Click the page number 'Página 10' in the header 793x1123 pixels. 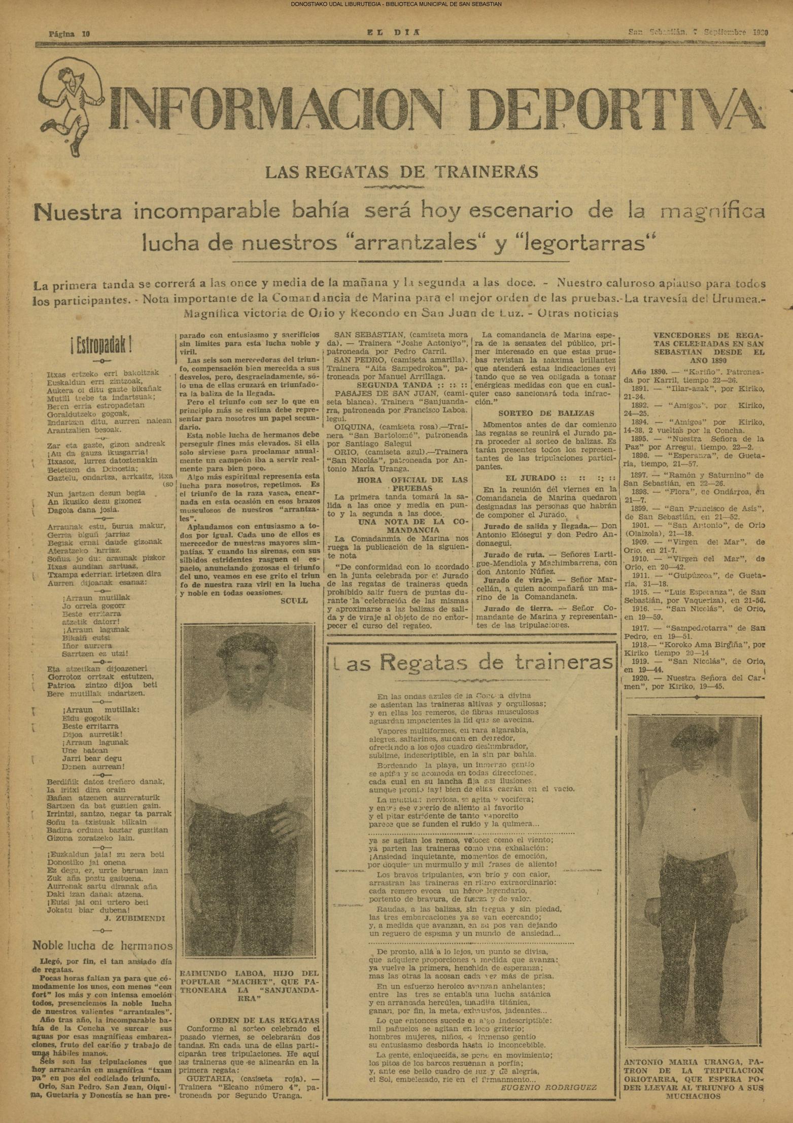tap(70, 34)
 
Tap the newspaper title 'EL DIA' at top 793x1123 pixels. tap(394, 32)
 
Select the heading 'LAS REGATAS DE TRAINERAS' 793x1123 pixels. tap(401, 172)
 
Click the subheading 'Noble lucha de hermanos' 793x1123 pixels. tap(102, 945)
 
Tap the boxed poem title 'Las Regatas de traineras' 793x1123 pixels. tap(472, 662)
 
